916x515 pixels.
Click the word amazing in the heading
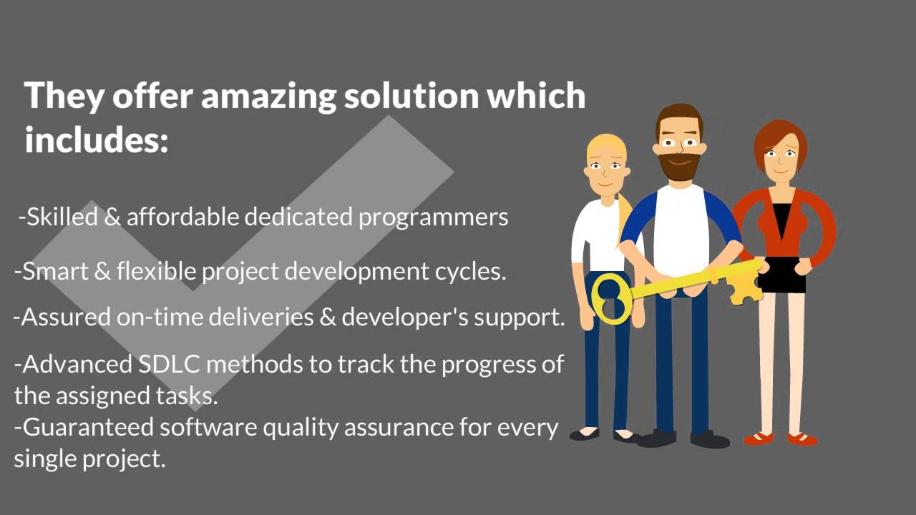268,96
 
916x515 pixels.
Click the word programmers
433,217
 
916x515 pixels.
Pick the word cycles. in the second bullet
470,271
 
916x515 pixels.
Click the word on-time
160,317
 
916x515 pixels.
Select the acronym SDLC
169,364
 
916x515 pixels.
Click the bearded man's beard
678,167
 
